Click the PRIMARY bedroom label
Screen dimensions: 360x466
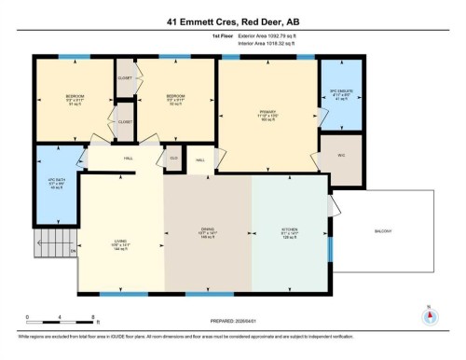point(269,115)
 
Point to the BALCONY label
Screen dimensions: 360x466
point(384,231)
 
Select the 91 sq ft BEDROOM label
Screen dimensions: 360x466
point(75,99)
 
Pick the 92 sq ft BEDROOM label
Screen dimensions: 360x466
point(175,99)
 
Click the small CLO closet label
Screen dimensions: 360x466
point(173,159)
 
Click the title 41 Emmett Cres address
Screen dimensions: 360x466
point(232,13)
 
